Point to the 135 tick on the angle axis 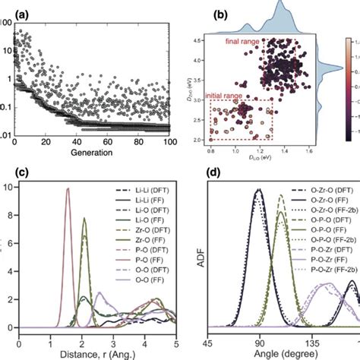(x=308, y=341)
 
